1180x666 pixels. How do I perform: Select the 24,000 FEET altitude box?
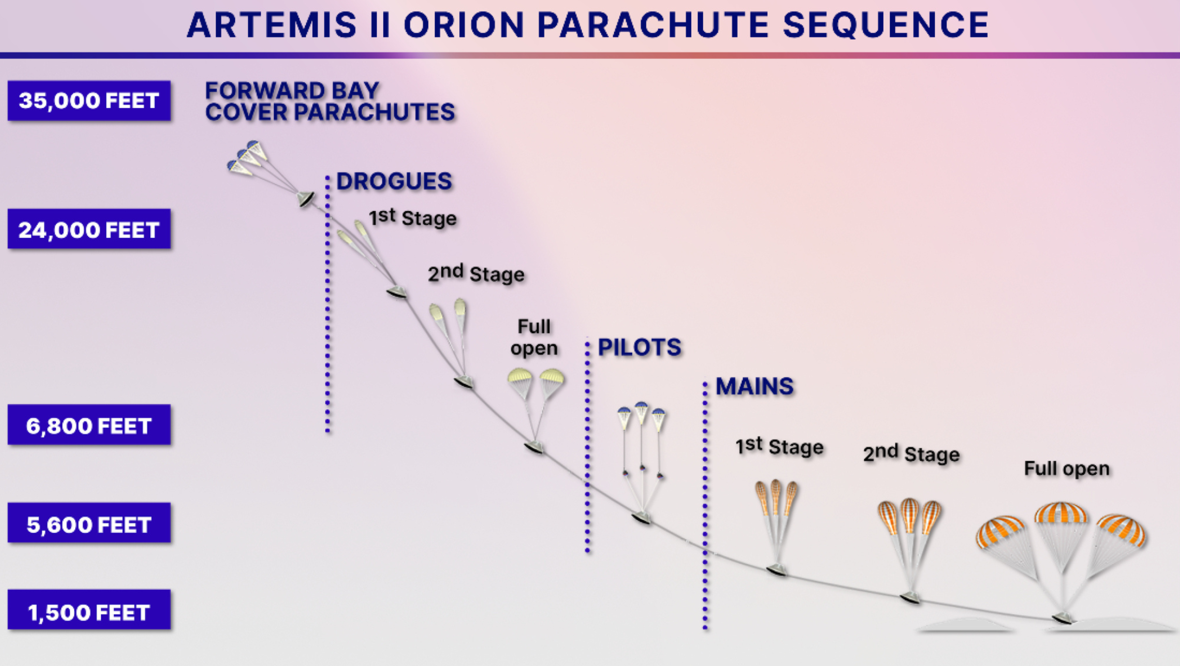(89, 229)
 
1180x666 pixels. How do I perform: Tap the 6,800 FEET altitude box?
(89, 425)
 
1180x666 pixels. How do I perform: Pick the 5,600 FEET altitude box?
(89, 523)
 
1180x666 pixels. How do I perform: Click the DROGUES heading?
(394, 181)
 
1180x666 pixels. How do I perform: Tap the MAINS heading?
(754, 386)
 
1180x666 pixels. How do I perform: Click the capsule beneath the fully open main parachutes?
(1063, 618)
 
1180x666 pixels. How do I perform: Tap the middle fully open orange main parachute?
(1060, 514)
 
